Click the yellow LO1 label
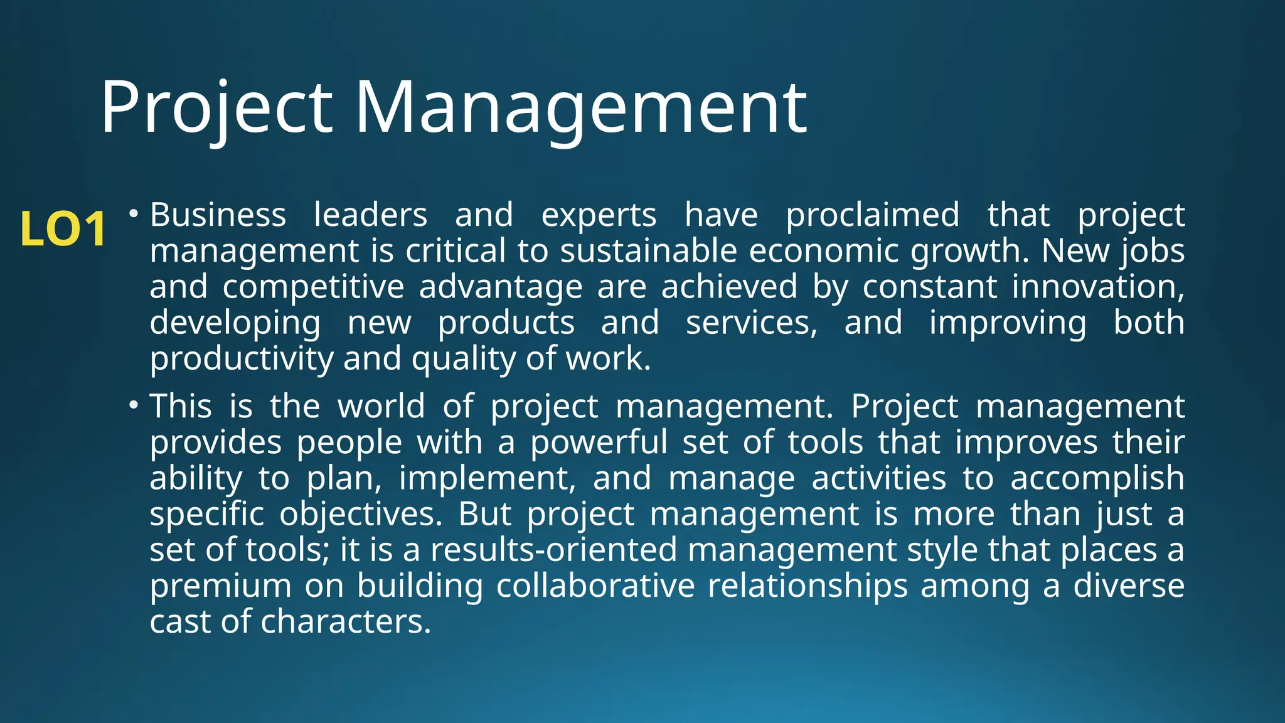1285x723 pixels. point(63,229)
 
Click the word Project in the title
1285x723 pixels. point(216,108)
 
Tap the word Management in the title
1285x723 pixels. point(581,108)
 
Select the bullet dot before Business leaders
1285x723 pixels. point(133,215)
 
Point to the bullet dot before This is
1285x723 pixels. point(133,406)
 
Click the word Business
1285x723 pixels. point(218,215)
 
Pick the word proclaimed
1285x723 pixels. point(873,215)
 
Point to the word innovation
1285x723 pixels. point(1097,287)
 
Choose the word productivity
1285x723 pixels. point(241,359)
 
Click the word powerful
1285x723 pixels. point(599,442)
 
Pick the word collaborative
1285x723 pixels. point(595,586)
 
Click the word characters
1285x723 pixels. point(346,621)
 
